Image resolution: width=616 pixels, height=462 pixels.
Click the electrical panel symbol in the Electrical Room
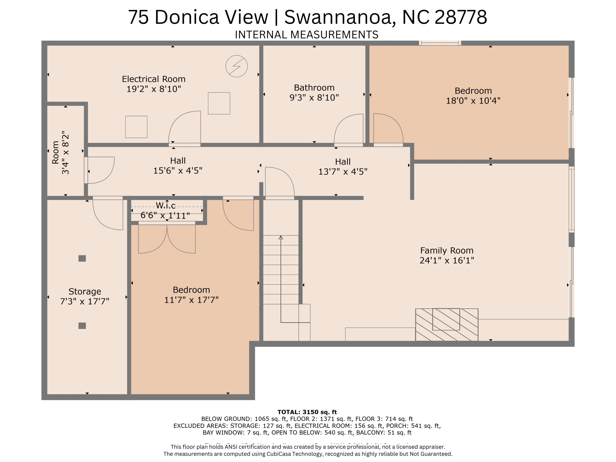[x=236, y=66]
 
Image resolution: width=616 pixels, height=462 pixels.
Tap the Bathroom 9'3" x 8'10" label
[x=314, y=93]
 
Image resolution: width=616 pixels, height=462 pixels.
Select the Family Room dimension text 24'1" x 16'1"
[x=447, y=260]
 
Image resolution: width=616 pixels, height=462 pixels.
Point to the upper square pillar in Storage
[x=82, y=258]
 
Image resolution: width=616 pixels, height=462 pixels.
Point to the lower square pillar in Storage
[x=82, y=326]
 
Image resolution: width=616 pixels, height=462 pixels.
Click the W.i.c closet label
[x=165, y=206]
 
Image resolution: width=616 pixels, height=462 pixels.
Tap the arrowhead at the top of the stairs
[x=281, y=238]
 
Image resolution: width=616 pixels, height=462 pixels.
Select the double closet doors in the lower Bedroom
[x=167, y=239]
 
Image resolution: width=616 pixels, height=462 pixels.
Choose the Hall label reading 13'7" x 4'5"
[x=343, y=167]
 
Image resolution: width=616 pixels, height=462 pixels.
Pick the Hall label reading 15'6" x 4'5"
[x=178, y=166]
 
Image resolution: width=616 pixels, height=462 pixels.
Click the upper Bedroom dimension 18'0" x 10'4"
[x=473, y=100]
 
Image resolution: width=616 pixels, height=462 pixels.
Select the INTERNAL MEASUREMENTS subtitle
[x=306, y=35]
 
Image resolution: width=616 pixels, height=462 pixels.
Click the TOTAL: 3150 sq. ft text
[x=307, y=412]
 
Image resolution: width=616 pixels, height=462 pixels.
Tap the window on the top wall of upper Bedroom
[x=440, y=43]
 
